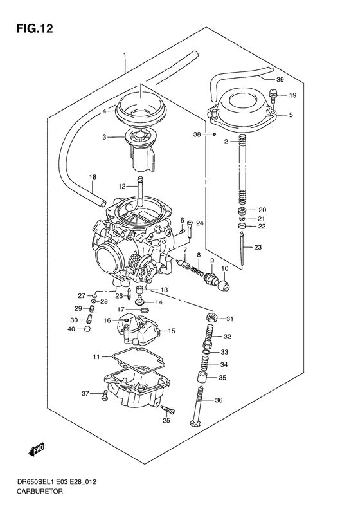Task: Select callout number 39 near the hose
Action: [280, 80]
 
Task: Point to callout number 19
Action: [292, 95]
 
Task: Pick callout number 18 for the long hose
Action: [92, 177]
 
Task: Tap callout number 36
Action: [219, 400]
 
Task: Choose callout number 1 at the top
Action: [125, 56]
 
